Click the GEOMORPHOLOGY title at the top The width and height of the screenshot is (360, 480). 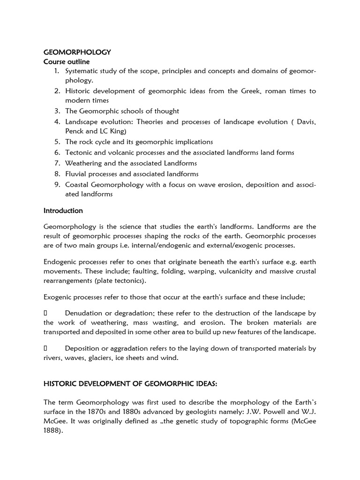pos(77,52)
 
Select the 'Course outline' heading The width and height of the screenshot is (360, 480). pos(67,62)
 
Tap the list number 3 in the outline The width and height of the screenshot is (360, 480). pos(57,111)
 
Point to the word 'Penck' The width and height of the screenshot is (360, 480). pos(75,131)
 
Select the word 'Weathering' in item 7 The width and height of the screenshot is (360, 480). pos(83,163)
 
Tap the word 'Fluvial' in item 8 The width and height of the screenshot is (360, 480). pos(75,173)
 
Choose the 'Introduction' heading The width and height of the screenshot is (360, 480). pos(63,210)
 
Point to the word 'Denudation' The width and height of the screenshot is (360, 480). pos(84,313)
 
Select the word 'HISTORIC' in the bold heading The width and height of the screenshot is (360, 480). pos(61,384)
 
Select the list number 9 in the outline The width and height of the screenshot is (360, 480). pos(57,184)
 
